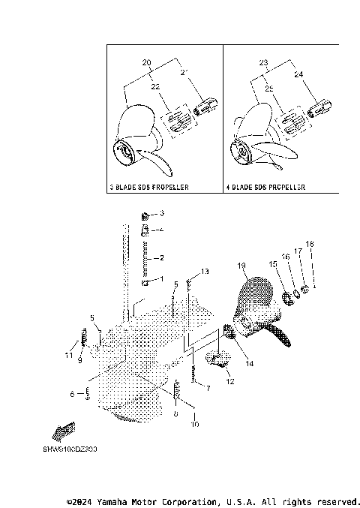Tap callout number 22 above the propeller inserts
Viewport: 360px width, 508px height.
[x=156, y=87]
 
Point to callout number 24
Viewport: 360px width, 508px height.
[x=298, y=75]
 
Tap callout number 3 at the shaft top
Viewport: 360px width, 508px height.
[x=160, y=214]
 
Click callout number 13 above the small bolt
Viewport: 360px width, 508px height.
[x=205, y=270]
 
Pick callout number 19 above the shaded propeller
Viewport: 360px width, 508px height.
[x=242, y=266]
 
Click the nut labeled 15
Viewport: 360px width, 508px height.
[x=286, y=299]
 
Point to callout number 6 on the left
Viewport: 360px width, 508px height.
[x=73, y=393]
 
